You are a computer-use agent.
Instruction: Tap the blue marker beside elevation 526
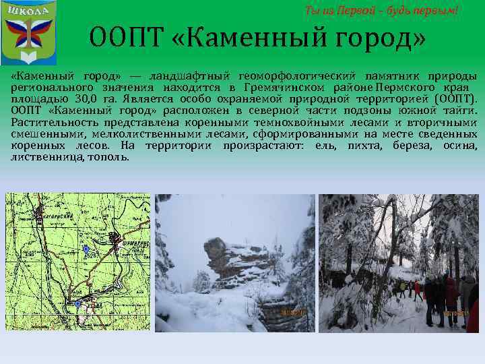[86, 249]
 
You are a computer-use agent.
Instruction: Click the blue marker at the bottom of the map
[78, 305]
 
